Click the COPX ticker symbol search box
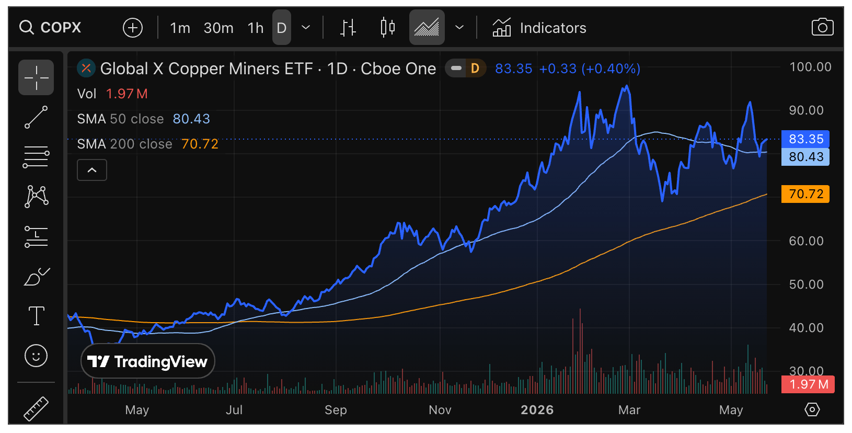[x=51, y=27]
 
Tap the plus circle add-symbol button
[x=133, y=28]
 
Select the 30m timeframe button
[x=218, y=28]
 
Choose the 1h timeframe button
[x=255, y=28]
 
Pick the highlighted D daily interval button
[x=281, y=27]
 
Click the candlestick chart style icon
[x=388, y=27]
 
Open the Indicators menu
[x=539, y=28]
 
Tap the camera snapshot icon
[x=822, y=27]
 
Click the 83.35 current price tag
[x=805, y=139]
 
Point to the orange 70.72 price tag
[x=805, y=193]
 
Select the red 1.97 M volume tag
[x=808, y=384]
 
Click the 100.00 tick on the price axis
[x=810, y=67]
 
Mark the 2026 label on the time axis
[x=537, y=410]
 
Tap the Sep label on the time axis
[x=336, y=410]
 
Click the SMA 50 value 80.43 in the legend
[x=191, y=119]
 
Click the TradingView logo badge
[x=148, y=361]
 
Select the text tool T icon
[x=37, y=315]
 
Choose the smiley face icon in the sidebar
[x=36, y=356]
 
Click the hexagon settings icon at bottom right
[x=812, y=410]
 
